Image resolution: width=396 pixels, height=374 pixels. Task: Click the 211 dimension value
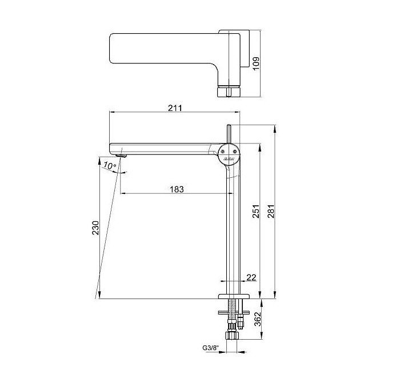(175, 108)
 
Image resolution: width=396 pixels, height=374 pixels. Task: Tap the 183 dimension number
(177, 189)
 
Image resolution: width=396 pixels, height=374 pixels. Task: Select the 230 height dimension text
(95, 228)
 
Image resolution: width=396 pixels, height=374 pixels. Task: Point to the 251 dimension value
(256, 212)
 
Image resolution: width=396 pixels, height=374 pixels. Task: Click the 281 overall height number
(271, 212)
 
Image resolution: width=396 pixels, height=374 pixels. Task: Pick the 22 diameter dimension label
(251, 277)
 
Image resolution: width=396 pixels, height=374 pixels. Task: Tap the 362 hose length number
(257, 319)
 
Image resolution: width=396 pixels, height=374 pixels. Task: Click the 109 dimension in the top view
(256, 63)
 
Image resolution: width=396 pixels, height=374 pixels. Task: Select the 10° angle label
(110, 166)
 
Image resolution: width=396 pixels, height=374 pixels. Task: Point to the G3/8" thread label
(210, 348)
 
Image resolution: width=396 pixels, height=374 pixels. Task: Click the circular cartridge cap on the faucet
(229, 154)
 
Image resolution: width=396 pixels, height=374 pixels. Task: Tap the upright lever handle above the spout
(229, 134)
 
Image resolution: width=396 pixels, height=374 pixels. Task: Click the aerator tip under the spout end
(121, 156)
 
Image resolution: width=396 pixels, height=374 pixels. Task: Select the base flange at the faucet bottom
(234, 296)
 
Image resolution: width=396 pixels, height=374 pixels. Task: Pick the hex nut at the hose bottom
(232, 336)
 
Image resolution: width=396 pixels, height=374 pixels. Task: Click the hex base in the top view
(229, 92)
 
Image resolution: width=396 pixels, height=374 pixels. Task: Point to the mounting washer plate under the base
(234, 313)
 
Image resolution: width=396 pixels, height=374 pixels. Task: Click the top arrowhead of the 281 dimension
(275, 128)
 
